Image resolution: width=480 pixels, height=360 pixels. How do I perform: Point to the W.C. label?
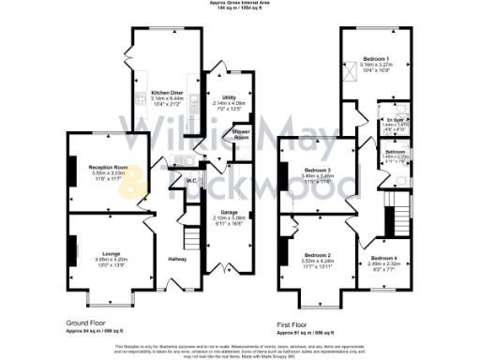coord(189,180)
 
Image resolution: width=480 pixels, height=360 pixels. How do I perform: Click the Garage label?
coord(231,213)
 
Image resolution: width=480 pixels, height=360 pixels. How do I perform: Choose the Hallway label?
coord(177,259)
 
